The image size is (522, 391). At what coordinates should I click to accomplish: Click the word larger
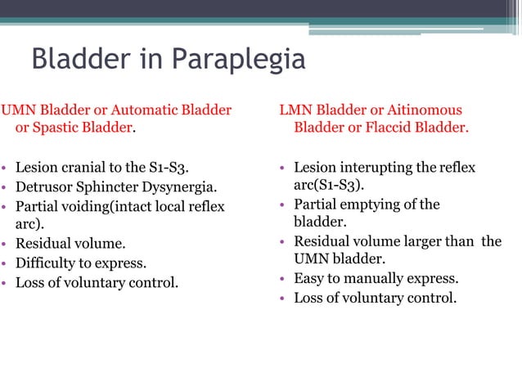423,241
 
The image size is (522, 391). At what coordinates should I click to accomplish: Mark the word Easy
308,278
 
